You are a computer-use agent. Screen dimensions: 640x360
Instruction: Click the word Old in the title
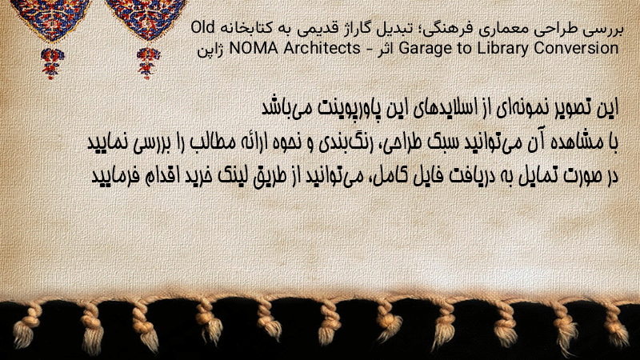click(203, 27)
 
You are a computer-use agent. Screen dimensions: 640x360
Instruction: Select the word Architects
click(322, 48)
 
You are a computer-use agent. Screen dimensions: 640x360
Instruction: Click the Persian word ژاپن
click(210, 50)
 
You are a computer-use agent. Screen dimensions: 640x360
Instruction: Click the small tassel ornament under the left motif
click(51, 63)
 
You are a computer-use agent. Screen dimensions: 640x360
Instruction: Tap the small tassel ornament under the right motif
click(148, 63)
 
